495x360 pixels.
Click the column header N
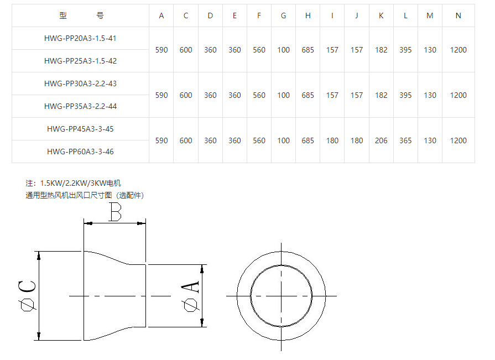(x=458, y=16)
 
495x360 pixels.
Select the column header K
(x=381, y=16)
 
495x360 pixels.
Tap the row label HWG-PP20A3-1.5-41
(x=80, y=39)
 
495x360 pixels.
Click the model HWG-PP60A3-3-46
(x=80, y=152)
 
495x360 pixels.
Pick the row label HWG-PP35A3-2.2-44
(x=80, y=106)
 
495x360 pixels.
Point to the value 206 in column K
(x=381, y=140)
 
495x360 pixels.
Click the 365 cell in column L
(x=405, y=140)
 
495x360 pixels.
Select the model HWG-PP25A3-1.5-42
(x=80, y=61)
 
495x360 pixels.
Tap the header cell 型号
(x=81, y=15)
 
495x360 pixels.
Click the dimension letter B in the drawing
(x=115, y=212)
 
